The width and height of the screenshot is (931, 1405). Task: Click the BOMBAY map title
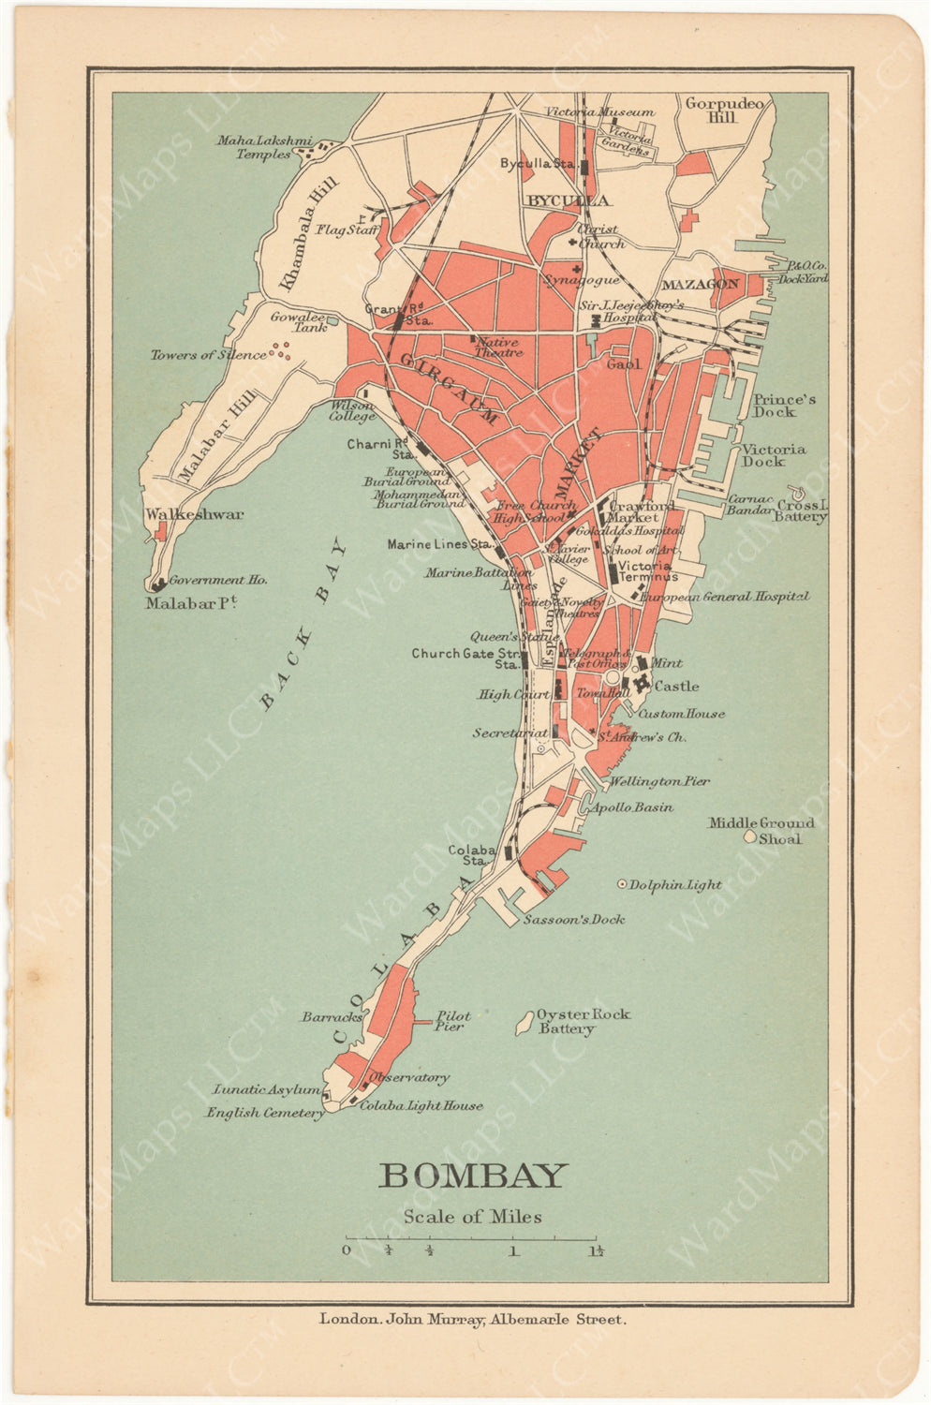473,1175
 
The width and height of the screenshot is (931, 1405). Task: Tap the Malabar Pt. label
190,604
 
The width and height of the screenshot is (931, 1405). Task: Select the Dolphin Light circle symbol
622,883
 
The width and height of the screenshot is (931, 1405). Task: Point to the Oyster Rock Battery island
525,1022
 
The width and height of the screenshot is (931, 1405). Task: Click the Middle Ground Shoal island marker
749,836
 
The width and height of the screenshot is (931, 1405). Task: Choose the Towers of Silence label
208,355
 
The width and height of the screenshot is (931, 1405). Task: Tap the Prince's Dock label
783,406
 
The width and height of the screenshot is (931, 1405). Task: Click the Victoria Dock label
774,455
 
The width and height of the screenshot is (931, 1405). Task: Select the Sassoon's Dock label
574,919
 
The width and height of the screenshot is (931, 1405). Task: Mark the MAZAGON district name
701,284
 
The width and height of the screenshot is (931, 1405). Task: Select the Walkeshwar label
194,514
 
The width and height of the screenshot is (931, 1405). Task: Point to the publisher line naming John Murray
472,1319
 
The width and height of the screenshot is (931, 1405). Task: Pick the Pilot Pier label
452,1021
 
